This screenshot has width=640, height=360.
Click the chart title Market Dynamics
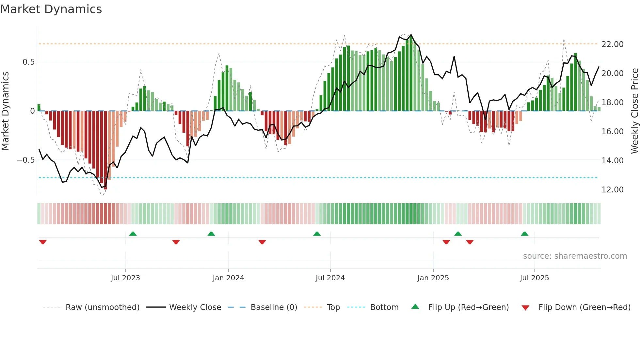point(51,9)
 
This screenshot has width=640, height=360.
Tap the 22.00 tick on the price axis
point(612,44)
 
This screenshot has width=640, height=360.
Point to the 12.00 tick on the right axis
point(612,190)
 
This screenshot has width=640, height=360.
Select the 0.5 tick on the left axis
point(28,62)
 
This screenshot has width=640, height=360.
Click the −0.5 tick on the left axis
point(25,160)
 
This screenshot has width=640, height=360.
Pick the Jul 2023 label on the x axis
point(125,278)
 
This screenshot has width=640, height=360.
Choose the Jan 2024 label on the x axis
point(228,278)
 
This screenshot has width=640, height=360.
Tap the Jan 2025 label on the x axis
point(433,278)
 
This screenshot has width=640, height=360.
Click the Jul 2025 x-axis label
point(534,278)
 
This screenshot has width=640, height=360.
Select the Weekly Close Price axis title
point(634,111)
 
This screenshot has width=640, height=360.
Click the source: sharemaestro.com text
point(575,256)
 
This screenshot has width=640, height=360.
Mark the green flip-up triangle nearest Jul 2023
point(133,234)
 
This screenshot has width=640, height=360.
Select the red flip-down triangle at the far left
point(43,242)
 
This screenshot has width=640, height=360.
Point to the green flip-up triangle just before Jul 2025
point(524,234)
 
